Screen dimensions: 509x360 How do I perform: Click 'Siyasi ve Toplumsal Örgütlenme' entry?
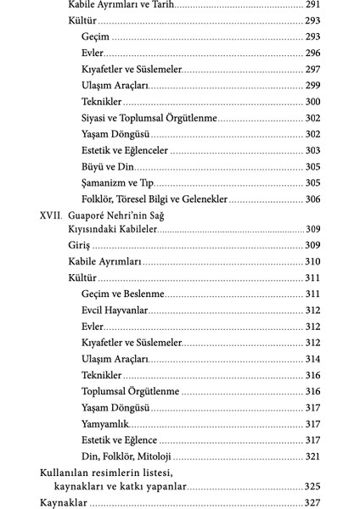click(x=149, y=118)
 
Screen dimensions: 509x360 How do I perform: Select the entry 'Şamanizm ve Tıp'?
click(x=118, y=182)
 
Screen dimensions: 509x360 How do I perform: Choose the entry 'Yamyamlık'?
click(x=106, y=423)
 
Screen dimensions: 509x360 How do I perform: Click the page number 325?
click(x=311, y=488)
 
